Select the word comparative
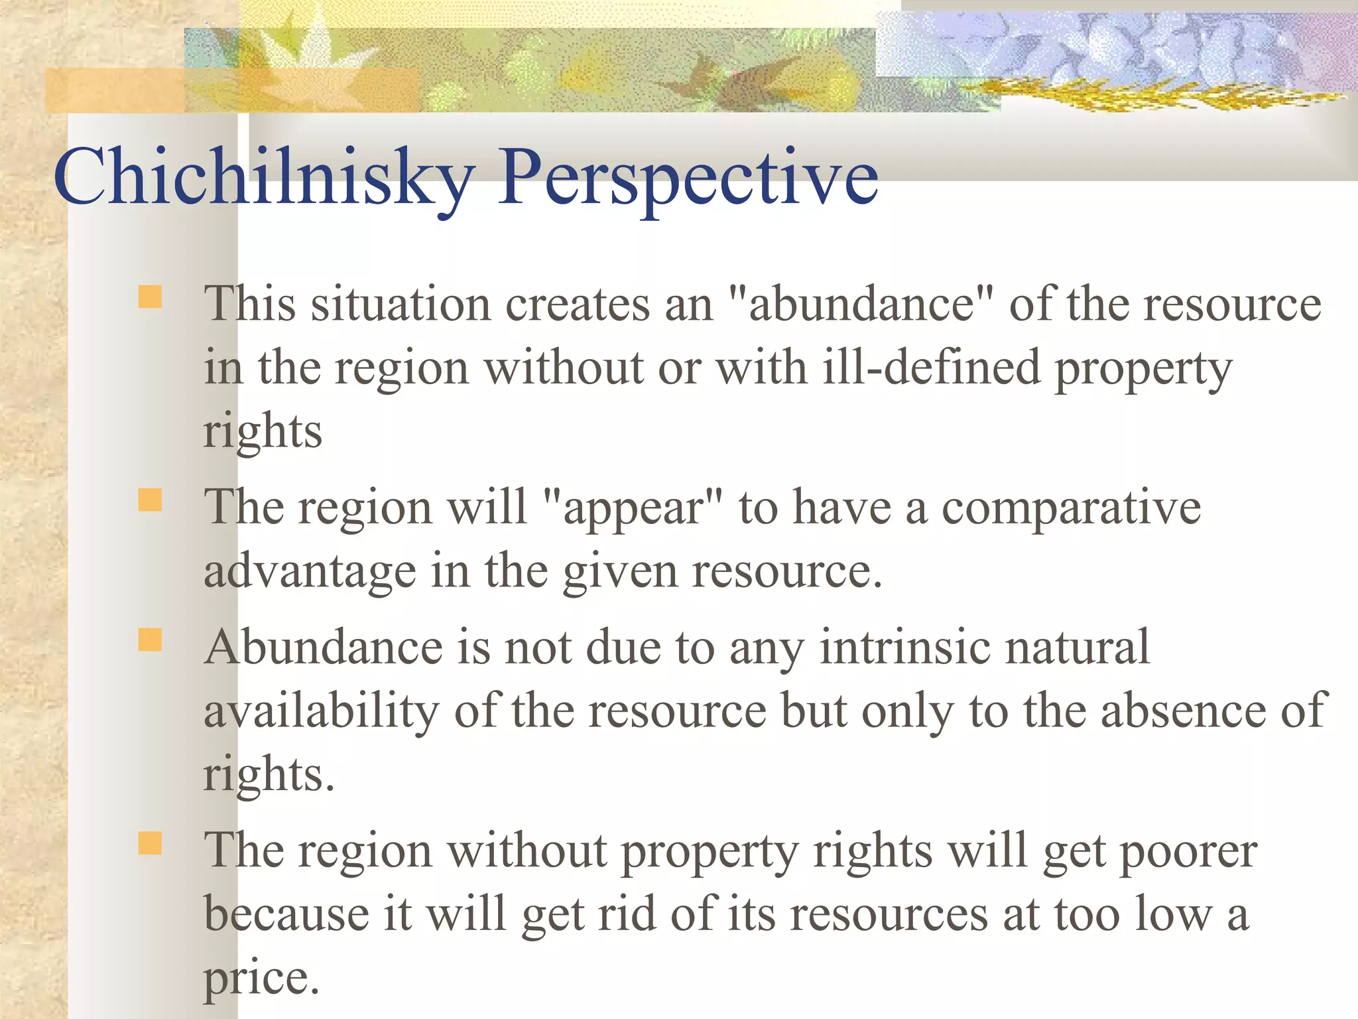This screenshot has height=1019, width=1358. pyautogui.click(x=1072, y=508)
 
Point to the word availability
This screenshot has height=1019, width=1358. pyautogui.click(x=321, y=711)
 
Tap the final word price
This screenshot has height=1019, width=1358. pyautogui.click(x=261, y=978)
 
